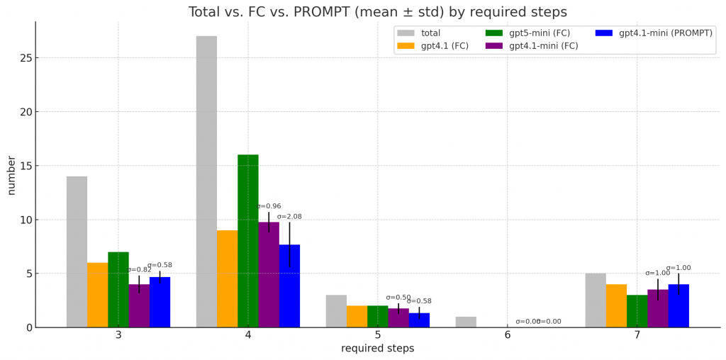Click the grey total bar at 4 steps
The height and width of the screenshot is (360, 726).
[206, 181]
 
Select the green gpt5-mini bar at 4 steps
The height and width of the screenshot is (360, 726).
[248, 241]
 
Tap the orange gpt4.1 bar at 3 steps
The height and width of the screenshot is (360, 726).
[98, 295]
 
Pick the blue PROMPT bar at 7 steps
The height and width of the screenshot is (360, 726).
[678, 305]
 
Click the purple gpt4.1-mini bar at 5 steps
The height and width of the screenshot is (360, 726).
[398, 317]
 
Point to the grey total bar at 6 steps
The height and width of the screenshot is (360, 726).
[466, 322]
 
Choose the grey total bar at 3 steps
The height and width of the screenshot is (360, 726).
[77, 252]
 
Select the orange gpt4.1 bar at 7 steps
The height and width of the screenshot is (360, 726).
[616, 305]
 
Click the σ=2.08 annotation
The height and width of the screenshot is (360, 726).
[289, 217]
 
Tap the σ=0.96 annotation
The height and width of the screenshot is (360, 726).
[269, 206]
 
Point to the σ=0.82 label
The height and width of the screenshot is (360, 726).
[139, 270]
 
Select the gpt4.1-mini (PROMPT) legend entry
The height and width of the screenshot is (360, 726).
[664, 33]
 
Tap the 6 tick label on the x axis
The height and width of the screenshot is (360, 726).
[508, 335]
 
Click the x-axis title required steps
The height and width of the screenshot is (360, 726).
[377, 349]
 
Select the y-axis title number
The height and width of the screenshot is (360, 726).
[11, 174]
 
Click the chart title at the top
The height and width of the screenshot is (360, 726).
[377, 12]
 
